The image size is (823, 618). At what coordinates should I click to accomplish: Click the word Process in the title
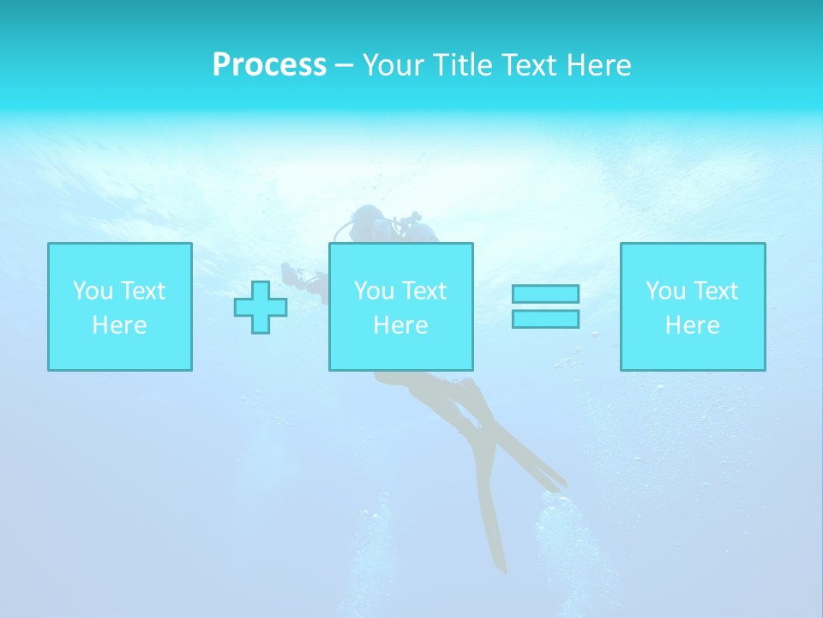(269, 65)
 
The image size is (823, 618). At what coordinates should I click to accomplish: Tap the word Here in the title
(597, 65)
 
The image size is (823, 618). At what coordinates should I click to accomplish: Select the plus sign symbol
(261, 307)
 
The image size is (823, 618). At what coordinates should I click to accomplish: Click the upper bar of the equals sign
(545, 294)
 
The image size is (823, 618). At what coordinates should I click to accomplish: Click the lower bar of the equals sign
(545, 318)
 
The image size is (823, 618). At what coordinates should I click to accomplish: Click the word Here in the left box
(120, 325)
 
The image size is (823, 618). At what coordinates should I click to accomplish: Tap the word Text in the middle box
(424, 291)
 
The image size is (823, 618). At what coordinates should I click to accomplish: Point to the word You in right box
(665, 291)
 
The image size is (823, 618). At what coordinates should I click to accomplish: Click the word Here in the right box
(693, 325)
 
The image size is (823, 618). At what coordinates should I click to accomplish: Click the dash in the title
(344, 65)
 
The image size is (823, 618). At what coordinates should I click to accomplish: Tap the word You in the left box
(93, 291)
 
